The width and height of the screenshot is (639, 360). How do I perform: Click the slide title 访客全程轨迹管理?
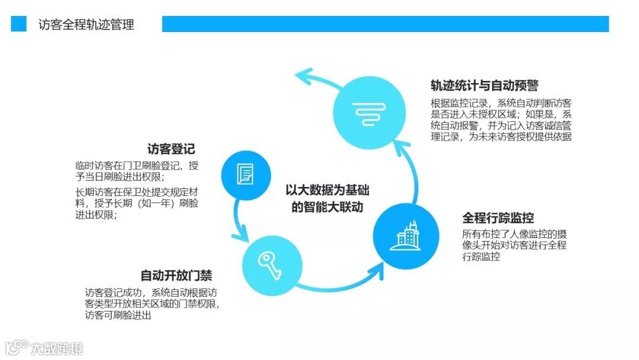click(86, 24)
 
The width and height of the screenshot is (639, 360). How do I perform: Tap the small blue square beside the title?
click(19, 24)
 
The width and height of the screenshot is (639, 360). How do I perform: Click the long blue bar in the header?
click(385, 24)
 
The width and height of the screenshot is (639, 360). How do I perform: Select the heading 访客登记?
click(171, 149)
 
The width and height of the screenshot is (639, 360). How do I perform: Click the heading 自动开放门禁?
click(176, 275)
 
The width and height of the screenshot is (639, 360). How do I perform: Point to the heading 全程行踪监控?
click(498, 218)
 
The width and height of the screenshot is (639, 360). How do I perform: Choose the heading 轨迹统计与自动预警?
click(484, 86)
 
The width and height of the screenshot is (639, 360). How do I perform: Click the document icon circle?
click(245, 173)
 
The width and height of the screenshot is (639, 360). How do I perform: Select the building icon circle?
click(406, 236)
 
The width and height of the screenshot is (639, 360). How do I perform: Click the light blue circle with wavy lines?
click(370, 111)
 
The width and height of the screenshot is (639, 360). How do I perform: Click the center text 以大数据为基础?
click(327, 191)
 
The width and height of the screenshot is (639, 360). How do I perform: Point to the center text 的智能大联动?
click(327, 207)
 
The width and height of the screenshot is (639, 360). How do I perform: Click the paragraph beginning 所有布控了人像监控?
click(514, 245)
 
